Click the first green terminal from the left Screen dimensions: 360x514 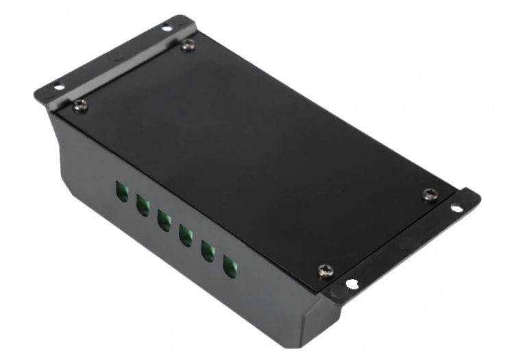[x=122, y=192]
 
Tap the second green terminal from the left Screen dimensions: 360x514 [x=143, y=205]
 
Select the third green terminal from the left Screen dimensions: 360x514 [x=164, y=220]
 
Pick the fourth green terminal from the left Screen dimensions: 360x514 [x=185, y=235]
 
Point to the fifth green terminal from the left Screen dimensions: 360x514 [x=208, y=251]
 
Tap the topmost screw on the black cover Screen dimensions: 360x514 [x=189, y=45]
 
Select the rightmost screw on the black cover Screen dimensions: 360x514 [x=429, y=194]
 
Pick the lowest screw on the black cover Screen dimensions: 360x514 [x=324, y=272]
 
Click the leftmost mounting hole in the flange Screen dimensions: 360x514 [x=58, y=87]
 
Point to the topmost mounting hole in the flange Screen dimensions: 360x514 [x=166, y=28]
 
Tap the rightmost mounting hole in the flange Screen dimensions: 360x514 [x=456, y=208]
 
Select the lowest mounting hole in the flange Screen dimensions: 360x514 [x=352, y=283]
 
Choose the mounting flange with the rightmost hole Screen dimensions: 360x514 [x=411, y=240]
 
